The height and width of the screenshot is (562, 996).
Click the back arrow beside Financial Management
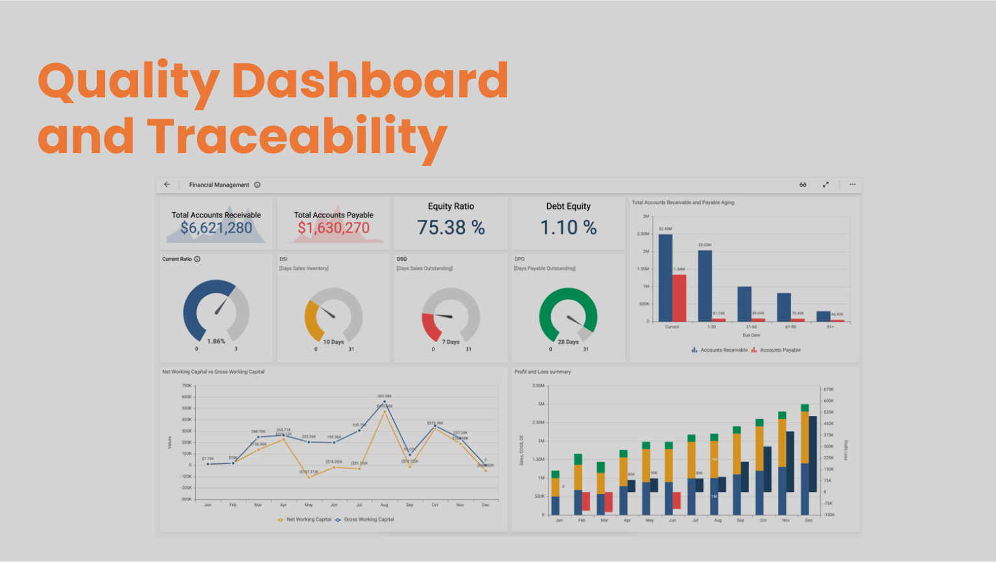[x=167, y=184]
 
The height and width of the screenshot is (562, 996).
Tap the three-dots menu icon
[x=853, y=184]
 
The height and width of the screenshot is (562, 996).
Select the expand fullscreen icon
[x=825, y=184]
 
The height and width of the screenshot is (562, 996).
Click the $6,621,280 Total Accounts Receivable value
[x=216, y=228]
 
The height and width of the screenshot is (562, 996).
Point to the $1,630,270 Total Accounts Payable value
[x=333, y=228]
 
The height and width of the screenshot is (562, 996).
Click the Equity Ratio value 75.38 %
[x=451, y=228]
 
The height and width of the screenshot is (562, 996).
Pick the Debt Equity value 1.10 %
[x=568, y=228]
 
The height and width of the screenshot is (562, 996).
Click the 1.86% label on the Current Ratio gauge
[x=216, y=341]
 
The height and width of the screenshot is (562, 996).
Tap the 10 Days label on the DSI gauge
[x=333, y=342]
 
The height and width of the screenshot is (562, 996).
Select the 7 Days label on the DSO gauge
[x=451, y=342]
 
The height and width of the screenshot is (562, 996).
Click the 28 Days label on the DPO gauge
[x=568, y=342]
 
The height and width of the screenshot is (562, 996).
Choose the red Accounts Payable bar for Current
[x=679, y=299]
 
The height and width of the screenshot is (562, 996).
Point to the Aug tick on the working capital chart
[x=384, y=505]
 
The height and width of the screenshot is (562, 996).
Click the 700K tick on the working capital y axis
[x=186, y=385]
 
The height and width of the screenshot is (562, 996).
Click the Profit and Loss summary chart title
[x=542, y=372]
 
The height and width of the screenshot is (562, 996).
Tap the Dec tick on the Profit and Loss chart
[x=809, y=520]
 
